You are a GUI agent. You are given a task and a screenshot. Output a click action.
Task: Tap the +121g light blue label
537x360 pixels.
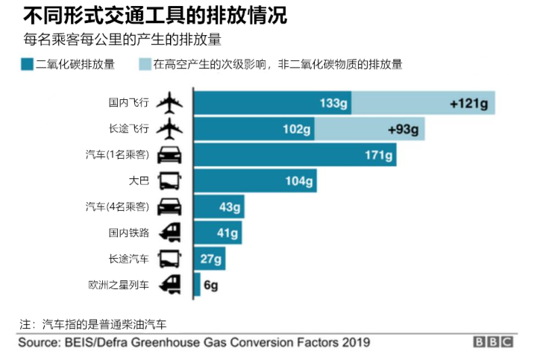[468, 103]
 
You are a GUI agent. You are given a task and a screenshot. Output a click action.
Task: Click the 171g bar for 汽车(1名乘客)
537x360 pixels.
[295, 155]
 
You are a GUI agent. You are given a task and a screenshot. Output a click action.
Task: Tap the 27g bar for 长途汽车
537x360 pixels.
[210, 259]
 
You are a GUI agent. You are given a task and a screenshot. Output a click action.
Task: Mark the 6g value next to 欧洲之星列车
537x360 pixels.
[210, 285]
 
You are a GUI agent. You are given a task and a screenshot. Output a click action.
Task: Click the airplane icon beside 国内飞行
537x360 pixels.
[171, 103]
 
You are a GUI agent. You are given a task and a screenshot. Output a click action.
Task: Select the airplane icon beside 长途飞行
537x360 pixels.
[171, 129]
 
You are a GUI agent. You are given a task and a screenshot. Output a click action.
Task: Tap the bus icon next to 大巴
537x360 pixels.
[171, 181]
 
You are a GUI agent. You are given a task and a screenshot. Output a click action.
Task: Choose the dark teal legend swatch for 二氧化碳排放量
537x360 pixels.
[28, 65]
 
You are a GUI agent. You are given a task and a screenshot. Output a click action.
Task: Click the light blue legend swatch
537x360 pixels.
[144, 65]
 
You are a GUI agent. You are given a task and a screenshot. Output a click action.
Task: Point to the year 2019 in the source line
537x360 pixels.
[354, 342]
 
